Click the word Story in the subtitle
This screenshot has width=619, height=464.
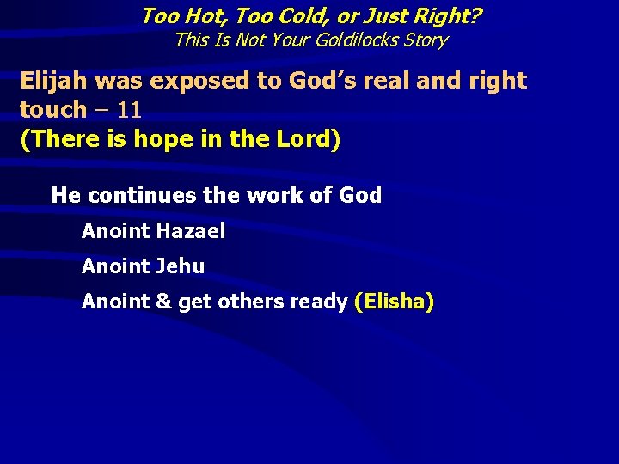425,40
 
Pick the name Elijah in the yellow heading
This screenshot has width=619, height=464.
53,81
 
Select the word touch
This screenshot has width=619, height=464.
52,110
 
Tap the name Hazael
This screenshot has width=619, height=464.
191,231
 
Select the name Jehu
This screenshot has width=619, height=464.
180,266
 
